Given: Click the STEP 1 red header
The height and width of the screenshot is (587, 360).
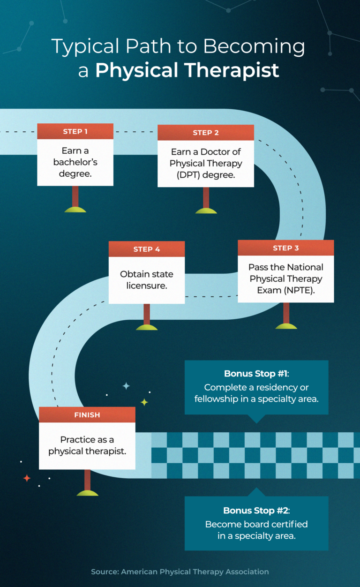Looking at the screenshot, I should pyautogui.click(x=75, y=131).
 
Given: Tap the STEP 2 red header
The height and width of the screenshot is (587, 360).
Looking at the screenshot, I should pyautogui.click(x=206, y=133).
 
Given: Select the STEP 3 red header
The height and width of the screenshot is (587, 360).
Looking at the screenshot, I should pyautogui.click(x=285, y=248).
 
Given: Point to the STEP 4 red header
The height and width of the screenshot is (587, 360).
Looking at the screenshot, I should pyautogui.click(x=147, y=249).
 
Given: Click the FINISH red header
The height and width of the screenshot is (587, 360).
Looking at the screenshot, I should pyautogui.click(x=87, y=415).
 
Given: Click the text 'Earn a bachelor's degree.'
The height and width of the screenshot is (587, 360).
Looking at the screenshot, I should pyautogui.click(x=75, y=162).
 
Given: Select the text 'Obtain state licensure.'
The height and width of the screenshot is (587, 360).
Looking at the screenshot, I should pyautogui.click(x=147, y=279).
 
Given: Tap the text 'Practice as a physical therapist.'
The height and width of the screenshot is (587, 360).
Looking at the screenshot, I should pyautogui.click(x=87, y=445).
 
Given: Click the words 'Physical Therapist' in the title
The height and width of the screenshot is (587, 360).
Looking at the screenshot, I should pyautogui.click(x=187, y=70).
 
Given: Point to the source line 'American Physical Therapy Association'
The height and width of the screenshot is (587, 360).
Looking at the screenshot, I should pyautogui.click(x=195, y=572).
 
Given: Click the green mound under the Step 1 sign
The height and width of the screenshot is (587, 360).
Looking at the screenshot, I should pyautogui.click(x=75, y=209).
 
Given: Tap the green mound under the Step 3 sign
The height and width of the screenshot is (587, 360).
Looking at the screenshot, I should pyautogui.click(x=286, y=326).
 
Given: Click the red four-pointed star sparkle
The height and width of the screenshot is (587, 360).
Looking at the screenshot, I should pyautogui.click(x=27, y=478).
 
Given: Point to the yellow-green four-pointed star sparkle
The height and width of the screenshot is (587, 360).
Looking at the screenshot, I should pyautogui.click(x=144, y=402).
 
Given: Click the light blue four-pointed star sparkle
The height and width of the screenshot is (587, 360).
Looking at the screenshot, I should pyautogui.click(x=126, y=386).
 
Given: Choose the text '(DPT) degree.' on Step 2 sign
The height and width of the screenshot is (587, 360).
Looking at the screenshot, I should pyautogui.click(x=206, y=175).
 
